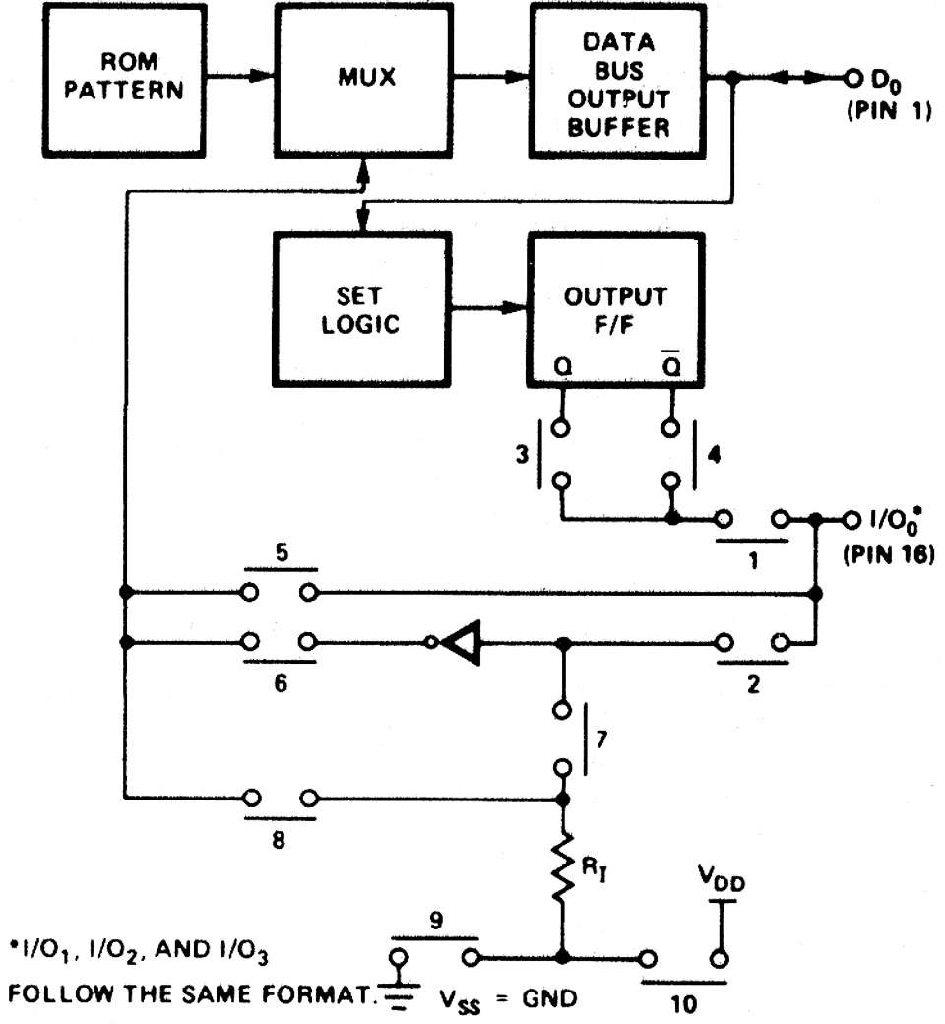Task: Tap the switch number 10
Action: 686,1001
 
